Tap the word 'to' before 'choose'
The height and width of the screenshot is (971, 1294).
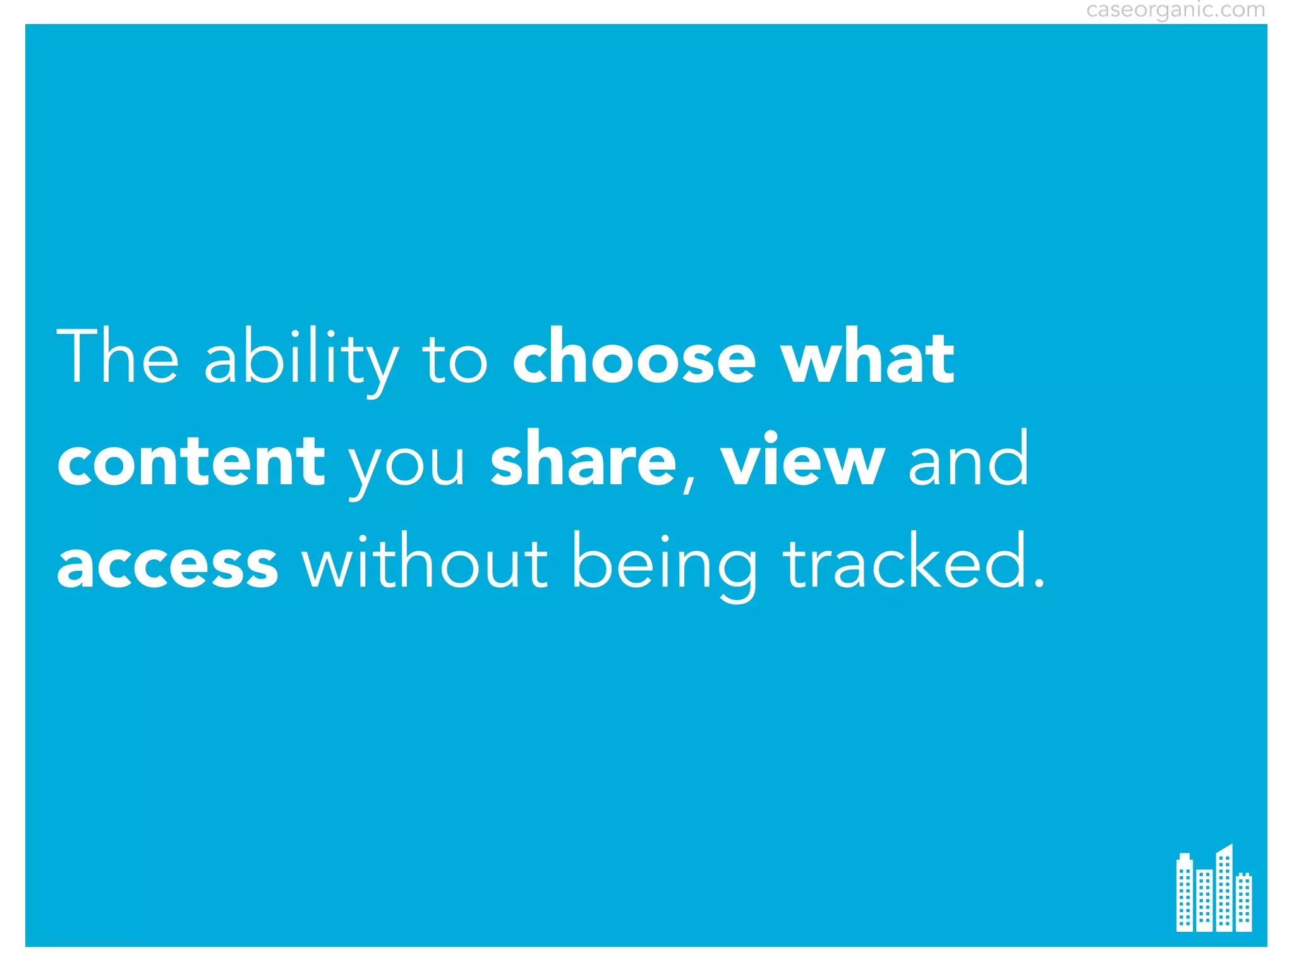click(455, 360)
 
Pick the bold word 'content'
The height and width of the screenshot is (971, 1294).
click(191, 461)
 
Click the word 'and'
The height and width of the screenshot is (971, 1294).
click(968, 458)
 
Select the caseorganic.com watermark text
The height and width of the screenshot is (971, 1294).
click(1175, 10)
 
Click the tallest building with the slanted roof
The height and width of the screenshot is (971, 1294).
click(1224, 888)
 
